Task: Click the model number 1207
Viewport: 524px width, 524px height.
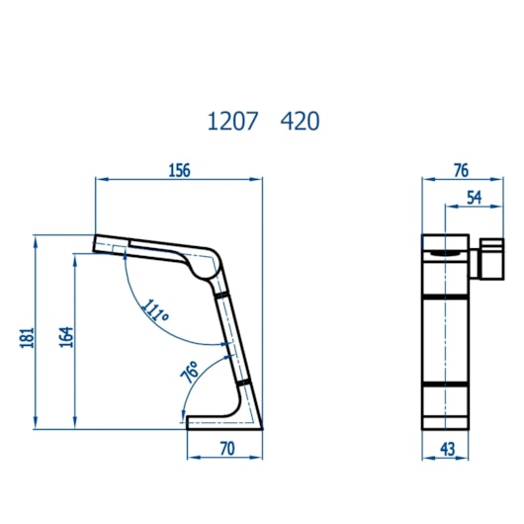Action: pyautogui.click(x=232, y=121)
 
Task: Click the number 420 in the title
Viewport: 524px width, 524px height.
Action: pyautogui.click(x=300, y=121)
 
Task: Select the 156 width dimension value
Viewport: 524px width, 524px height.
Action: pyautogui.click(x=180, y=170)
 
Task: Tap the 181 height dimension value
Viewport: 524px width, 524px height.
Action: pyautogui.click(x=28, y=338)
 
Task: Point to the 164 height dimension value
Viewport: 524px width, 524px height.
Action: pyautogui.click(x=66, y=337)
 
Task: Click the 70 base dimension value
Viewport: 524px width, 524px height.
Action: pyautogui.click(x=227, y=449)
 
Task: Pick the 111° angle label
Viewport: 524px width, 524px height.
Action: pyautogui.click(x=155, y=310)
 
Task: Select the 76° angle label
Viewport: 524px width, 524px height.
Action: pyautogui.click(x=190, y=372)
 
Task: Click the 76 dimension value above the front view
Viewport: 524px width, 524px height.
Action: pyautogui.click(x=461, y=170)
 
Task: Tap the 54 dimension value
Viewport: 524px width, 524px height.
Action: pyautogui.click(x=475, y=198)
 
